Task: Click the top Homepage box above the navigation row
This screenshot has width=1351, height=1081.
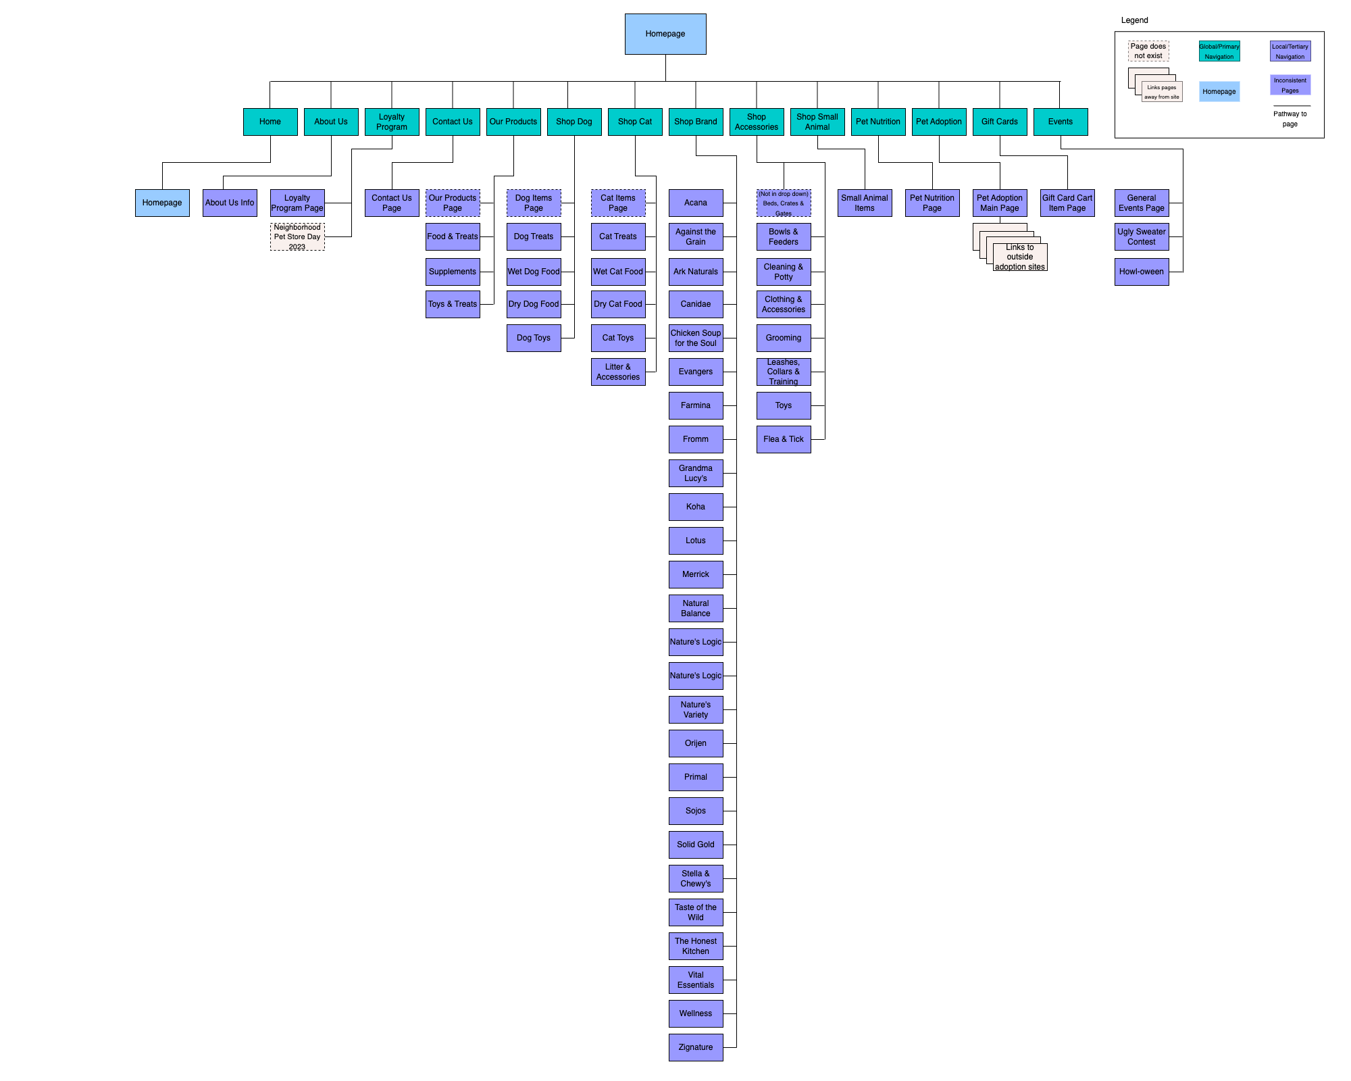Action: pos(665,34)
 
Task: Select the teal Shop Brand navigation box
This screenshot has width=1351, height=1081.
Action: pos(696,122)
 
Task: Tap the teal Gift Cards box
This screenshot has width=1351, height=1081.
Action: pos(1000,122)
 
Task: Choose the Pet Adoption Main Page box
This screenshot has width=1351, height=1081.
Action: pos(1000,203)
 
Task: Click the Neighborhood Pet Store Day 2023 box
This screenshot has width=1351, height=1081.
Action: pos(297,236)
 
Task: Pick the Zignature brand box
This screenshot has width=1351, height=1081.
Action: pos(696,1047)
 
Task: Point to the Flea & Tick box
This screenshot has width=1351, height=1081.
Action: pos(784,439)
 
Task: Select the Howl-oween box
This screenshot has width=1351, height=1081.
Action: pos(1142,272)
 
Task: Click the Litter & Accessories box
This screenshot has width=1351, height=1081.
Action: pos(618,372)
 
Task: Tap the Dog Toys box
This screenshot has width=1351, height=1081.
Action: pos(534,338)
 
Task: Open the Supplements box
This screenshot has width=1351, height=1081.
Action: pos(453,272)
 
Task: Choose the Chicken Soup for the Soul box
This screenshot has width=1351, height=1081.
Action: pos(696,338)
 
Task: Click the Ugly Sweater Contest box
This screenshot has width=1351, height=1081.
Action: pos(1142,236)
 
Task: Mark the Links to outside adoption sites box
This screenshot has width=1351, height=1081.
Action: pos(1020,257)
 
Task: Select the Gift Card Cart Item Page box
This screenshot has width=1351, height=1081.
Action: pos(1067,203)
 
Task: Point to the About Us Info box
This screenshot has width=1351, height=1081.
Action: pos(230,203)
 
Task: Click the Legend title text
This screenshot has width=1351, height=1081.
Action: pos(1135,20)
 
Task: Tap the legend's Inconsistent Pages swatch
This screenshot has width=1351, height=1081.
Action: pos(1290,85)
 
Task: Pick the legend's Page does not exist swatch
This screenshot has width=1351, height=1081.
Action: pos(1148,51)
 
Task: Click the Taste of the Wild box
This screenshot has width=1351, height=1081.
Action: pos(696,912)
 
